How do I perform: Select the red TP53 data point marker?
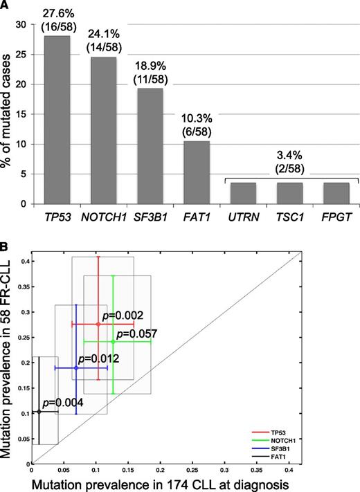click(98, 324)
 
